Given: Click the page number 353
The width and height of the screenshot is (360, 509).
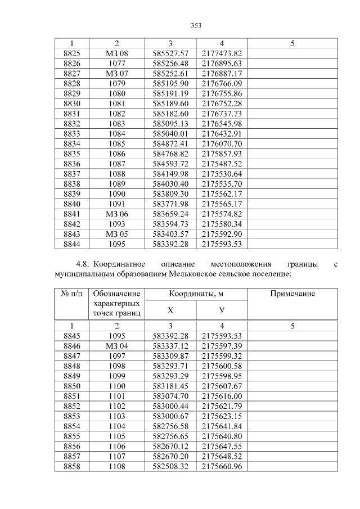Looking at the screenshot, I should pos(196,25).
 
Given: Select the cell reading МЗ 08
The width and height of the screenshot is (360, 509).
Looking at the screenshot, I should pos(117,53).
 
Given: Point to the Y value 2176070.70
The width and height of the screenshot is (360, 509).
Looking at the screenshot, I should pos(222,144).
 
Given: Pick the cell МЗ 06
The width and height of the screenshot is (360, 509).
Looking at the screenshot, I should pos(117,214).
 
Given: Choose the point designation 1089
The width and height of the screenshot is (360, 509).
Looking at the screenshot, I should pos(117,183).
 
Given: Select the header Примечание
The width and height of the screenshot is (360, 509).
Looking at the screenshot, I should pos(292,294).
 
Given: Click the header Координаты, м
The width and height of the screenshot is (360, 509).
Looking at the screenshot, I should pos(196,294).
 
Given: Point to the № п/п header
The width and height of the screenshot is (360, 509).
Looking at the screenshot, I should pos(71,294).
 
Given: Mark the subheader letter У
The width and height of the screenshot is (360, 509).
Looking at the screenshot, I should pos(222,310).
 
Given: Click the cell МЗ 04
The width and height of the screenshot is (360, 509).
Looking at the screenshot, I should pos(117,346).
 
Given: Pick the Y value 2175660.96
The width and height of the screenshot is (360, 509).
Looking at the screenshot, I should pos(222,467).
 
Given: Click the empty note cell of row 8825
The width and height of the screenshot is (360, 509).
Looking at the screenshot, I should pos(292,53).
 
